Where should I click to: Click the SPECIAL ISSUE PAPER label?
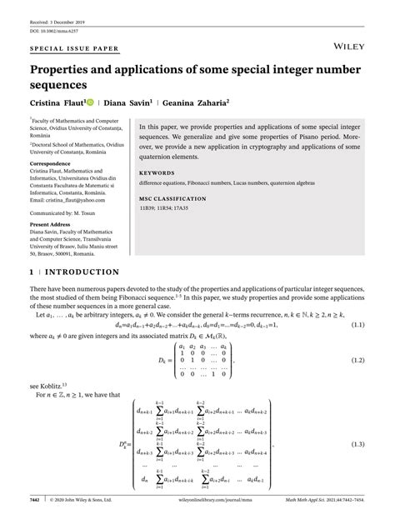pos(74,49)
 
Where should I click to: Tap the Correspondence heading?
pos(52,164)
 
